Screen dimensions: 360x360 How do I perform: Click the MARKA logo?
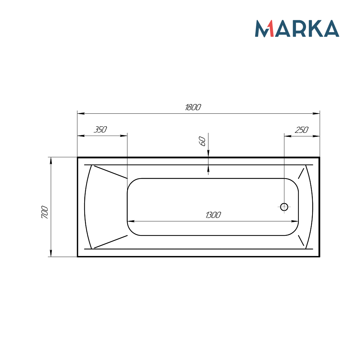(x=297, y=28)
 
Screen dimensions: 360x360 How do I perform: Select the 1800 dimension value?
(x=193, y=107)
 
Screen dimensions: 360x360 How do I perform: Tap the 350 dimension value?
(x=100, y=130)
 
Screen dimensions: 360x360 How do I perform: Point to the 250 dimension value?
(x=302, y=130)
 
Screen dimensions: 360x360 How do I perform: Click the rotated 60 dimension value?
(x=203, y=141)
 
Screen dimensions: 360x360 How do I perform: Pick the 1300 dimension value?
(x=213, y=215)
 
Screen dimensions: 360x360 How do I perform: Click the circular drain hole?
(x=284, y=207)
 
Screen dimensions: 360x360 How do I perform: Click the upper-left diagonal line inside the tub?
(x=111, y=172)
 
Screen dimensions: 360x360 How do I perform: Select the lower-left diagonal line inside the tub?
(x=111, y=242)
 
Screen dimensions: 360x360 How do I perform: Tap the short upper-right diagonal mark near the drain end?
(x=301, y=174)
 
